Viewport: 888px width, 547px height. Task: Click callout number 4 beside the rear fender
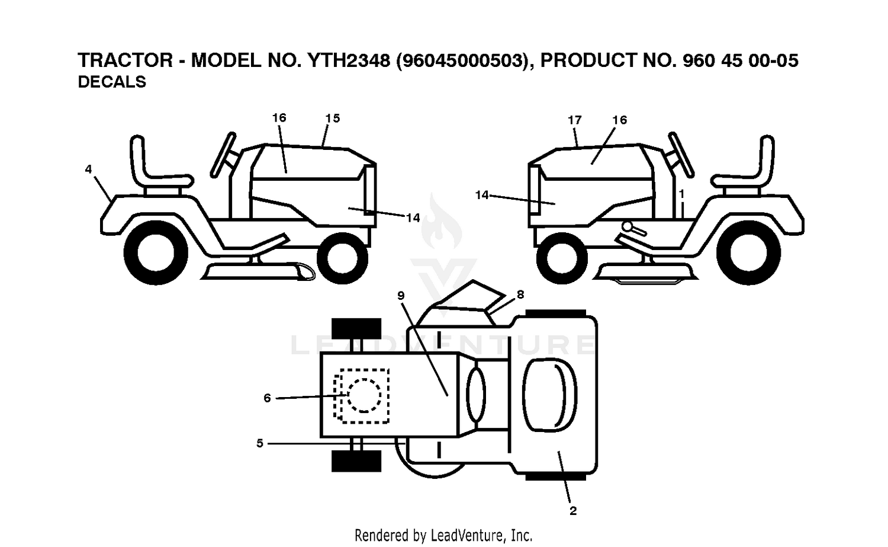(x=88, y=169)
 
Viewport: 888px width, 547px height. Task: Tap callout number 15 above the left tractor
(x=333, y=119)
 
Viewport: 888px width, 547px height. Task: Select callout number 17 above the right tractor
(x=574, y=120)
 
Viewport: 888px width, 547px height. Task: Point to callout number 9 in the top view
(x=401, y=295)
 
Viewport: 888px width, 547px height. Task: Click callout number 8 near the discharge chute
(x=520, y=295)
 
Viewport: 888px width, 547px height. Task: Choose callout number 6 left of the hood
(x=267, y=398)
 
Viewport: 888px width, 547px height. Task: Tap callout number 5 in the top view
(x=260, y=443)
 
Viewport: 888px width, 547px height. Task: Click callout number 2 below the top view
(x=573, y=511)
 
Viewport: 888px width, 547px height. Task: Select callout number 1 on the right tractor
(x=681, y=194)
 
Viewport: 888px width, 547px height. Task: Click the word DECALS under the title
(x=112, y=82)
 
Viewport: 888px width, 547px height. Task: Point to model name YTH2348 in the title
(x=349, y=60)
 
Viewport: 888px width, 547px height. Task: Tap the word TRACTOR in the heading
(x=126, y=60)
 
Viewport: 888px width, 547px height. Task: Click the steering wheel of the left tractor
(x=223, y=155)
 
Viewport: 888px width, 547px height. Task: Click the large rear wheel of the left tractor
(x=156, y=253)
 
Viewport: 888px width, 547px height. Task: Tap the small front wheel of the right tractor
(x=562, y=258)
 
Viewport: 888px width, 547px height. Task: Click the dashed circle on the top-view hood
(x=364, y=396)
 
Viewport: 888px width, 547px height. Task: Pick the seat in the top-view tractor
(x=549, y=395)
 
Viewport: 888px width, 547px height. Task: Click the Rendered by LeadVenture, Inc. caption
(x=443, y=536)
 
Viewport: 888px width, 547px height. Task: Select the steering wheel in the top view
(x=476, y=395)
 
